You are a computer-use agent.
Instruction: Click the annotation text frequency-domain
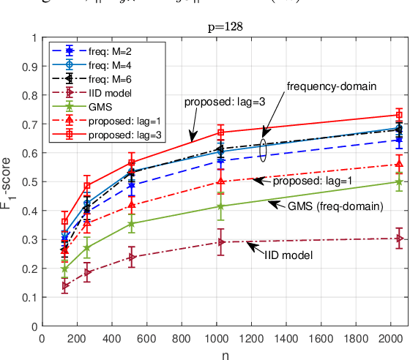[331, 86]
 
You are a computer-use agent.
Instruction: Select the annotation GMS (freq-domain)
[335, 206]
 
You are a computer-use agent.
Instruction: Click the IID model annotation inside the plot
[288, 255]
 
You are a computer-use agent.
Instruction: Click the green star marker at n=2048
[399, 181]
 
